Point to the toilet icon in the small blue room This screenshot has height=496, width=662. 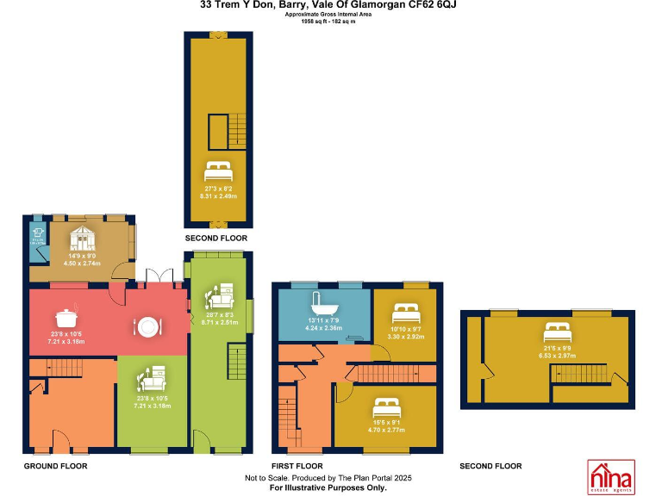36,232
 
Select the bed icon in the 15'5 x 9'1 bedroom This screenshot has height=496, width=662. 385,405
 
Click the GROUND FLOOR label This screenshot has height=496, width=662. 56,466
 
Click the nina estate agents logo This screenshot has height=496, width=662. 610,475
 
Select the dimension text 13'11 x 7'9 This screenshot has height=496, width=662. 323,321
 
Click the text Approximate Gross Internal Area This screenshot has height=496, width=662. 330,14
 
